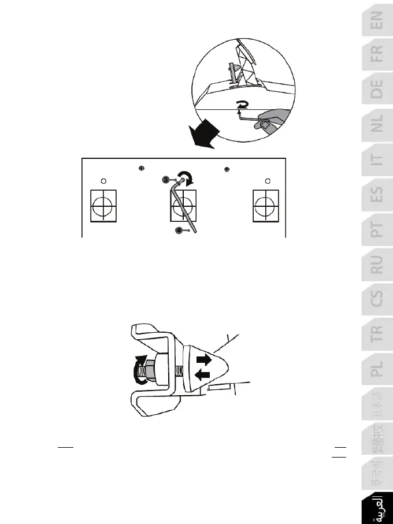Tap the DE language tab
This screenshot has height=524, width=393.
click(377, 90)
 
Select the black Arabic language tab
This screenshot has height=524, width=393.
click(377, 507)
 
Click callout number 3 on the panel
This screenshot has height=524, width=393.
click(166, 180)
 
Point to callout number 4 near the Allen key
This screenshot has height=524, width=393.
click(180, 230)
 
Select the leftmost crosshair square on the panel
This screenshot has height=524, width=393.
click(103, 205)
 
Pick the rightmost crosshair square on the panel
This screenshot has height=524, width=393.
click(265, 205)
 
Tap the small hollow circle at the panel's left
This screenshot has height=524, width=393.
click(103, 180)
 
